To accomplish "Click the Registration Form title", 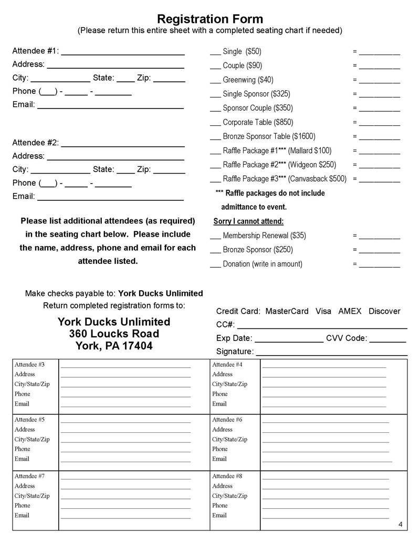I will [210, 19].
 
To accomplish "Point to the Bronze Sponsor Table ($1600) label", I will [269, 136].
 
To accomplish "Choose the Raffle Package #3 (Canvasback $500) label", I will [285, 178].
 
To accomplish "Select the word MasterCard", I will [287, 311].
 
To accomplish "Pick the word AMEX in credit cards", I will [350, 311].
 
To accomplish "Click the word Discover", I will [384, 311].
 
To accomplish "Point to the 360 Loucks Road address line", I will [114, 334].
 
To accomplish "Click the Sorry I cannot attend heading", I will [248, 221].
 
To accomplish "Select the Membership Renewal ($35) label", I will [264, 236].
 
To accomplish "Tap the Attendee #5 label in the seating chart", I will [29, 420].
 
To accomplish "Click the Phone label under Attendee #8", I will [220, 505].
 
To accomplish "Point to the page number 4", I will [400, 525].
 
